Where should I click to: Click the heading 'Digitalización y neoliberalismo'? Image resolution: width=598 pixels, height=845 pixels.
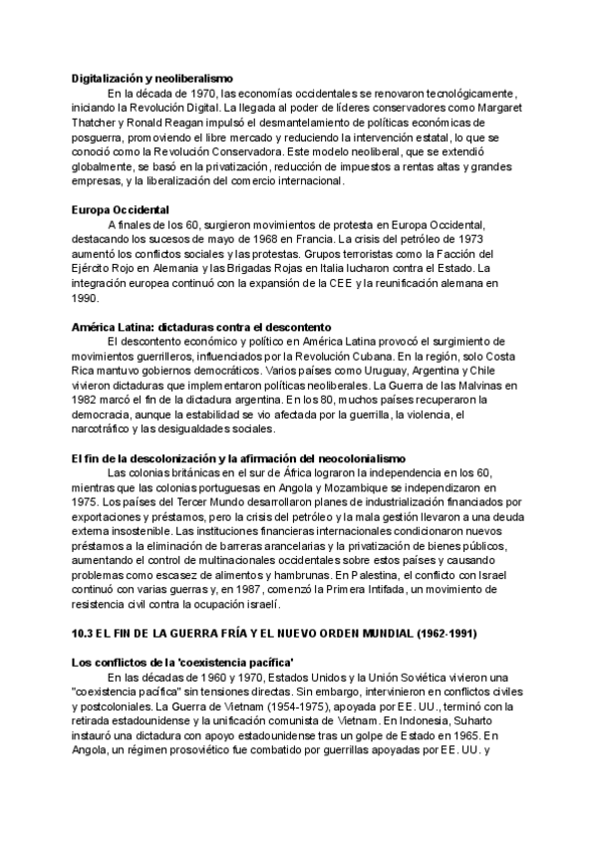pyautogui.click(x=152, y=77)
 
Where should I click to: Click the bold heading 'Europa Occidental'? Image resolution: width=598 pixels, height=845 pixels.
pyautogui.click(x=121, y=209)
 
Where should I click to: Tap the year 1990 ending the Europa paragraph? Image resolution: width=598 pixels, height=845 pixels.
pyautogui.click(x=85, y=298)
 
